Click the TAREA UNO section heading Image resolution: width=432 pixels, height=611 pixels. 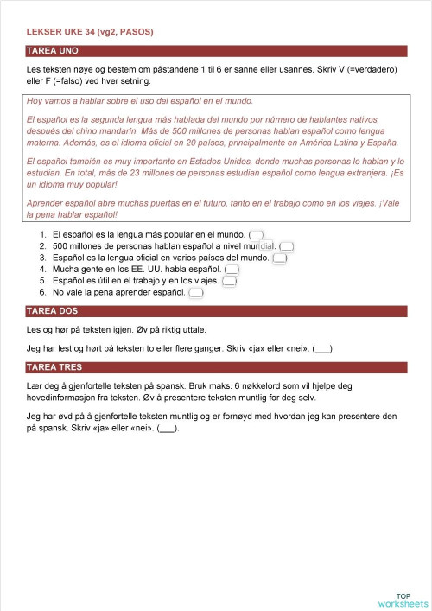coord(54,51)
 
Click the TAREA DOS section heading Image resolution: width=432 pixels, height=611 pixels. coord(54,313)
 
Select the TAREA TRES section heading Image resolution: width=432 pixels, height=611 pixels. coord(55,368)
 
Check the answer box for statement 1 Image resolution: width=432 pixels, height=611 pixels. coord(256,234)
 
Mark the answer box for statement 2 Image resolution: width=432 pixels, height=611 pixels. coord(288,246)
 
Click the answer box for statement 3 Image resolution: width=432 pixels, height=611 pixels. coord(279,258)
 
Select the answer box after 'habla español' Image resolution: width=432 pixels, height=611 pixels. coord(232,270)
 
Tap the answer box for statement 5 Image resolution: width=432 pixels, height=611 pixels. coord(229,281)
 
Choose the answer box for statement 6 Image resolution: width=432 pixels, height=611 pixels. coord(196,293)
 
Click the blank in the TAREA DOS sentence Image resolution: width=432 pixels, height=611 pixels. coord(321,349)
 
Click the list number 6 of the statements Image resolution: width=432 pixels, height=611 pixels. coord(44,293)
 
